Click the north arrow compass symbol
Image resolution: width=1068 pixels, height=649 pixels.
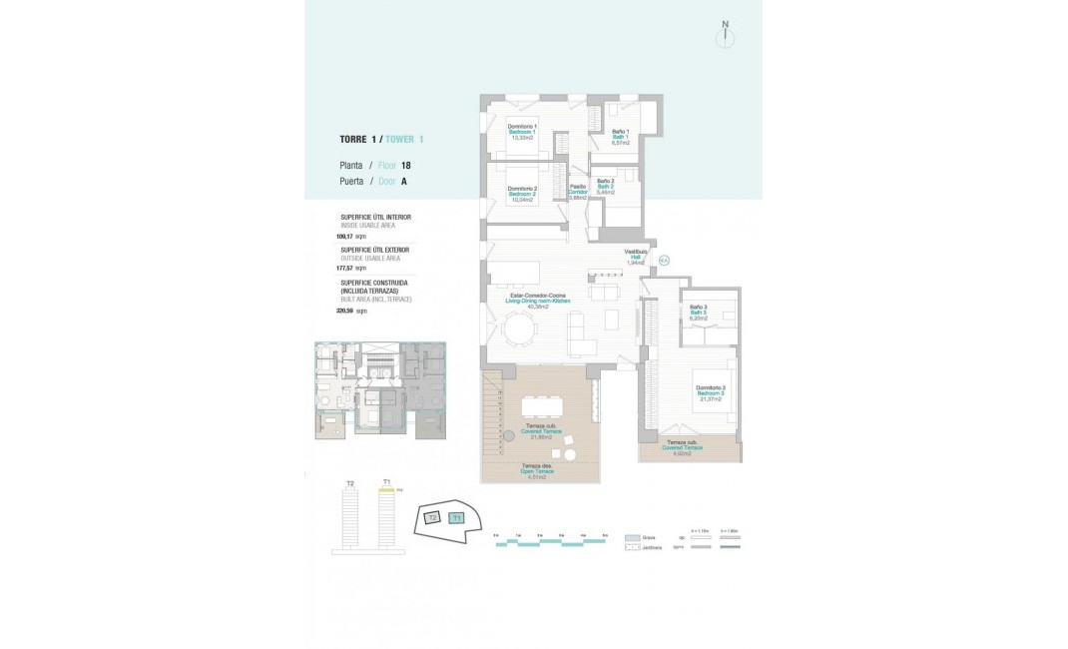(726, 37)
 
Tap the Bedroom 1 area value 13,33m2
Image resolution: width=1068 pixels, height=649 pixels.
(522, 138)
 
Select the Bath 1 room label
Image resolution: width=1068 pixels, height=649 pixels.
(619, 137)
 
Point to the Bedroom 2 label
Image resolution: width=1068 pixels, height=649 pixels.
(522, 194)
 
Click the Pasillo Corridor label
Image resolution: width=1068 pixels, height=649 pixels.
(577, 191)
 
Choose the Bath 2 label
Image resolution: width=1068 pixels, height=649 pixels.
(605, 186)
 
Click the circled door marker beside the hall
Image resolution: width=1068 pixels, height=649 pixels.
(664, 261)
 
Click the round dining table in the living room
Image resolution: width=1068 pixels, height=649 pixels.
(518, 328)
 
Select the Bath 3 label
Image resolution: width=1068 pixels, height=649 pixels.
(699, 313)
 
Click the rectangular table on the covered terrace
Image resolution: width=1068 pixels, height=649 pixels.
(541, 405)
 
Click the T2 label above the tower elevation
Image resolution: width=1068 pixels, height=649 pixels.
(350, 484)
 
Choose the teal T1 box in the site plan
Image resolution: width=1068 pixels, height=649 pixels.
(456, 518)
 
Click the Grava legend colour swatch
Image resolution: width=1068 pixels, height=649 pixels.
(631, 537)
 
